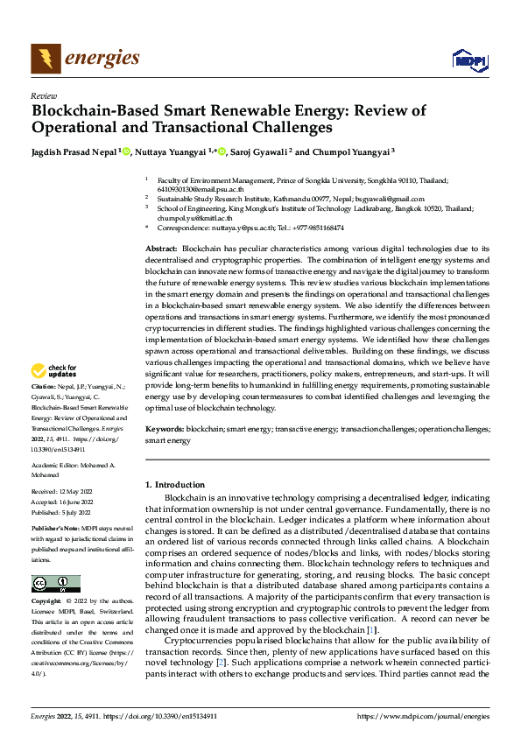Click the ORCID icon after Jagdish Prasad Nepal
[x=128, y=151]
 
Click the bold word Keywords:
[x=165, y=430]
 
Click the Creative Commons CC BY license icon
[x=55, y=583]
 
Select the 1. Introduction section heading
[x=175, y=484]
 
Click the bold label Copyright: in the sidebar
[x=46, y=602]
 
